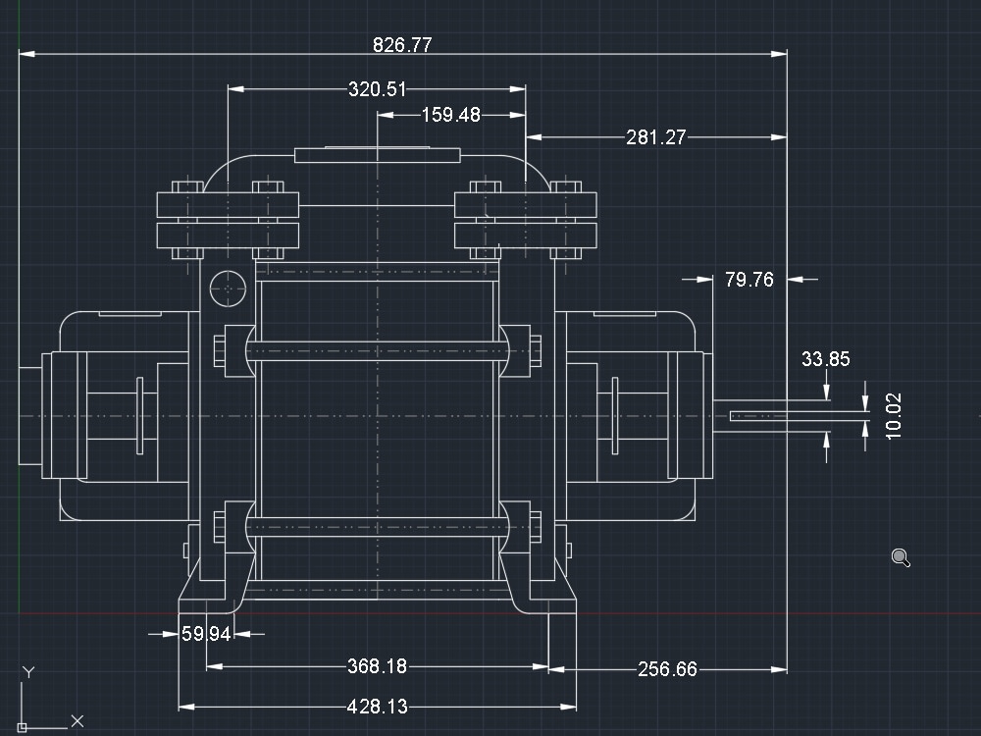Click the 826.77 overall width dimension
402,44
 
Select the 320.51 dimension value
377,89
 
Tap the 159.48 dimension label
451,115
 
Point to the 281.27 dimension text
656,137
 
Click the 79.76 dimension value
749,280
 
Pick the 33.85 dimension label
825,359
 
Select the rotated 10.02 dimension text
893,416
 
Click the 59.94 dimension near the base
206,634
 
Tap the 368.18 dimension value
377,666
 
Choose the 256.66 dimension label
667,669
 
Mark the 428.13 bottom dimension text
377,707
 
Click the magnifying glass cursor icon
901,558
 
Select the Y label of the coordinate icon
28,672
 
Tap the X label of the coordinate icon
77,721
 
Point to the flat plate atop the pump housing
377,154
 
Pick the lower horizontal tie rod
377,525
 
